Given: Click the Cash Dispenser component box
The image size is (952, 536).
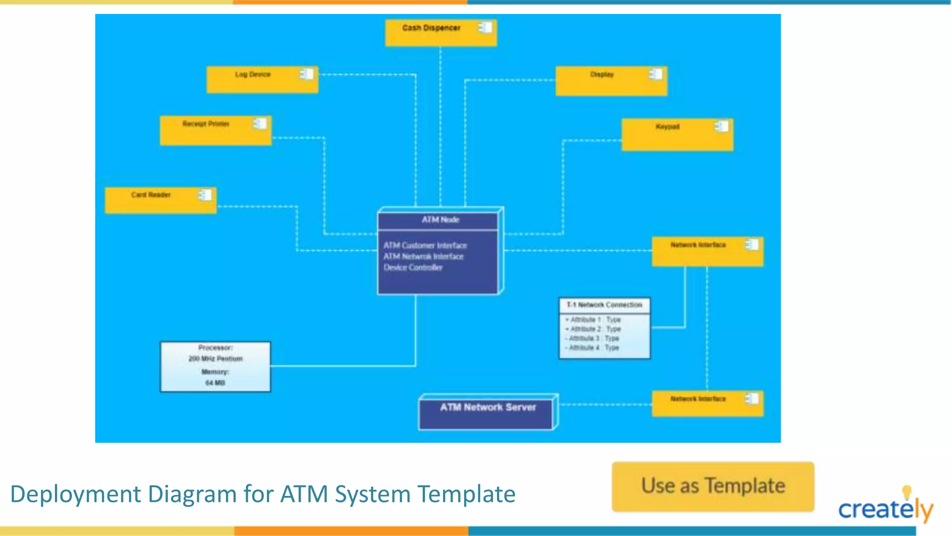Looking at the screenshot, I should click(441, 33).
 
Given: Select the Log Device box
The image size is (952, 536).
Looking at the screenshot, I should click(262, 80).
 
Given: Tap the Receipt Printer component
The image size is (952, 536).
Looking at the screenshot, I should click(216, 131).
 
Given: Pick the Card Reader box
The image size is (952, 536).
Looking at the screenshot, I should click(160, 201).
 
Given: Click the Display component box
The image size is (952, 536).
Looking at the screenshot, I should click(611, 81).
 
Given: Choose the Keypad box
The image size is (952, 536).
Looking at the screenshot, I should click(677, 134).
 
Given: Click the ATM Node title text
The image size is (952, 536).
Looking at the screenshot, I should click(440, 220).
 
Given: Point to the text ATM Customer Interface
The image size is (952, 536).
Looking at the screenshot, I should click(425, 245).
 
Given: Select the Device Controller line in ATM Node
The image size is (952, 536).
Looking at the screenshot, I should click(413, 268).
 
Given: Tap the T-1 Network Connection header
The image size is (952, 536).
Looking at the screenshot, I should click(604, 305).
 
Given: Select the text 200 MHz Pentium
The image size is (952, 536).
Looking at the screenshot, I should click(215, 359).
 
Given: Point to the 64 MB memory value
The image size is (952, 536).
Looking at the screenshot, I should click(215, 383).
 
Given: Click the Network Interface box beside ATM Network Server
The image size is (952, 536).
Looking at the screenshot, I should click(707, 403).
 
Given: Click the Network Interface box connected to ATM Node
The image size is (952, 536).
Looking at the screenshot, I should click(707, 251).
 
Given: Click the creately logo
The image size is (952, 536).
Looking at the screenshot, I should click(885, 507).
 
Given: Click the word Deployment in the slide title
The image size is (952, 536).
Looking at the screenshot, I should click(75, 494).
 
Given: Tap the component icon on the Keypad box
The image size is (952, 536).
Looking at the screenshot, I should click(721, 126).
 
